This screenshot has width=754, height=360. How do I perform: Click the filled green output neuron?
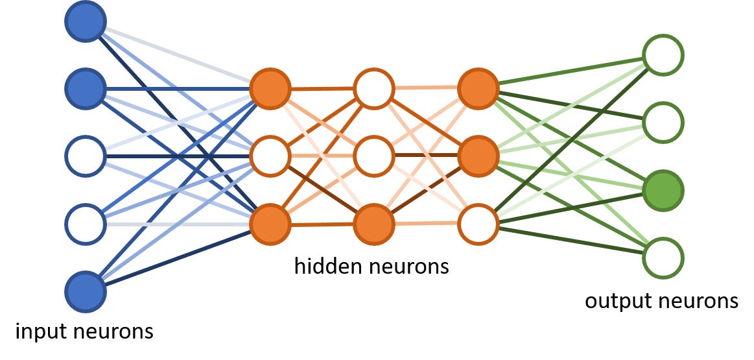pos(663,189)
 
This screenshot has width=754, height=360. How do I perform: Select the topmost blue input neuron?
pos(85,23)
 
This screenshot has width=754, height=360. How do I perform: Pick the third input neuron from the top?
pos(85,156)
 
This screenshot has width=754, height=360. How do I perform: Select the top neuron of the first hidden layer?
pos(270,89)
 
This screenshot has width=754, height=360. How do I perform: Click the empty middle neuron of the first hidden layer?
pos(270,156)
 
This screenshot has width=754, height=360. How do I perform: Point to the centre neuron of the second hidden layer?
pos(374,156)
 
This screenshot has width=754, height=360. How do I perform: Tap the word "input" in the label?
pos(40,332)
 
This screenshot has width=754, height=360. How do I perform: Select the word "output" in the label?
pos(614,301)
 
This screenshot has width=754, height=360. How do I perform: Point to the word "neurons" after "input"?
pos(113,332)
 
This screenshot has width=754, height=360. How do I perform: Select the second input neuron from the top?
pos(85,89)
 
